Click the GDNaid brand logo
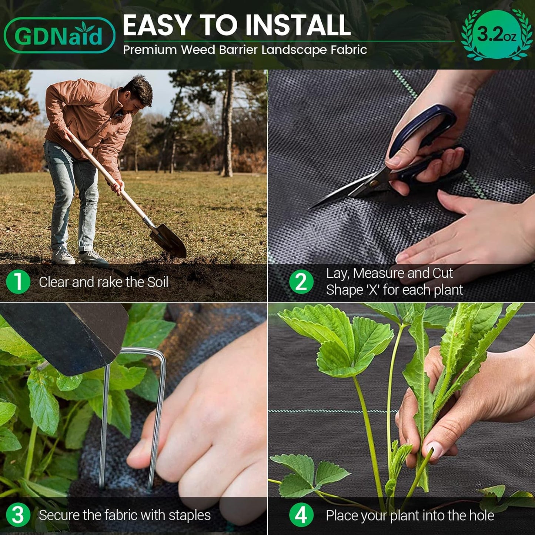click(x=59, y=36)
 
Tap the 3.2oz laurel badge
click(x=496, y=35)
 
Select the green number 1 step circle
click(x=18, y=282)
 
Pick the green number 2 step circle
click(x=301, y=282)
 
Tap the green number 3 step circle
click(x=18, y=515)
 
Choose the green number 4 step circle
click(x=301, y=515)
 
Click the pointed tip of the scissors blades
click(x=311, y=207)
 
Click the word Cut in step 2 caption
click(x=442, y=273)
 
